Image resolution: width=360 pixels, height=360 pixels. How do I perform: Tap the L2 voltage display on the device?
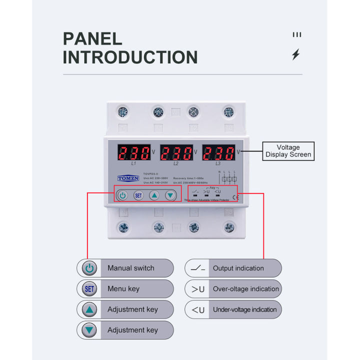176,152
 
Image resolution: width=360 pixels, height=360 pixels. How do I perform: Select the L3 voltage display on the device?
218,152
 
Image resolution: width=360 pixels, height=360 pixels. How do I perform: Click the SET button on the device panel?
138,195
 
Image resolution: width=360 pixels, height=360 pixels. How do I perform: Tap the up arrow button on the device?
154,195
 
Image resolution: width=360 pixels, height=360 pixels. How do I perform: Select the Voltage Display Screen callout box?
288,151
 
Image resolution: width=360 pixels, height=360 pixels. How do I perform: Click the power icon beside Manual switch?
89,268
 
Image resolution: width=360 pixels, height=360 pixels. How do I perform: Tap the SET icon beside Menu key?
89,289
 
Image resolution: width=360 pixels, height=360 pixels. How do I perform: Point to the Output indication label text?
238,268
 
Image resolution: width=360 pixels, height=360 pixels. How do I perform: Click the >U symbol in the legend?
198,289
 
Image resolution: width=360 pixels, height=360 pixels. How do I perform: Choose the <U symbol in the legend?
198,310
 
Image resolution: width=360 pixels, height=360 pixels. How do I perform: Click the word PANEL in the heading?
92,39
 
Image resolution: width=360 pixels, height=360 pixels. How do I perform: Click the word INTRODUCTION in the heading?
130,57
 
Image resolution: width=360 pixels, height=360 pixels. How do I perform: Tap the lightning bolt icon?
296,54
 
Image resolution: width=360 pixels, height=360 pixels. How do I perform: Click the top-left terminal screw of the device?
123,112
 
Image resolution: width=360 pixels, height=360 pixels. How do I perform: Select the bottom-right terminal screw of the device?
229,227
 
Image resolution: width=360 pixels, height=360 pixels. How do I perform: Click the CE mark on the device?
235,196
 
